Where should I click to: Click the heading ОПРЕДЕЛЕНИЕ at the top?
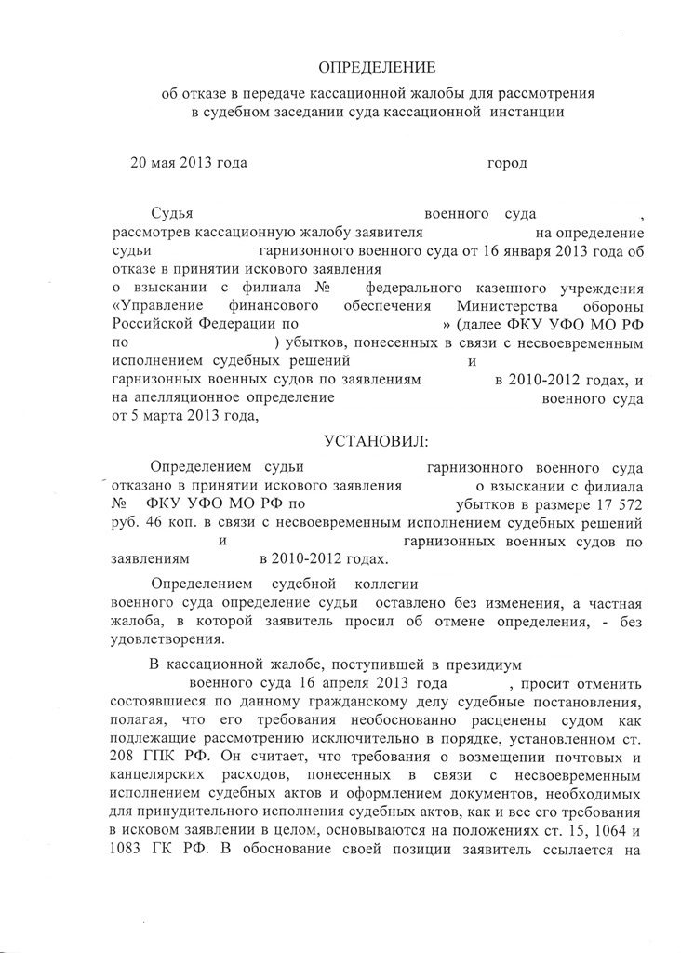377,68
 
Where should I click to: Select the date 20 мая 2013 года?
188,164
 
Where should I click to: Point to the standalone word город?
507,164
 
